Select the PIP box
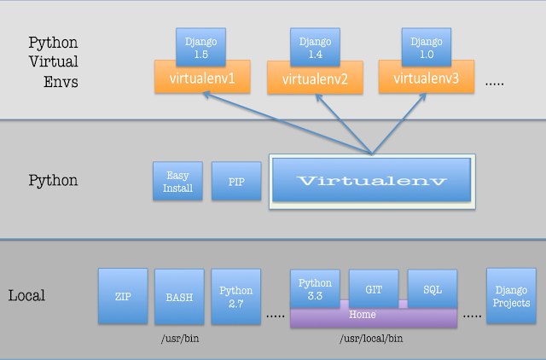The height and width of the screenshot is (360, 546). (235, 182)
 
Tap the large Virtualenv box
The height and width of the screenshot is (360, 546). (371, 182)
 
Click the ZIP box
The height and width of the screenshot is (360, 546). (122, 296)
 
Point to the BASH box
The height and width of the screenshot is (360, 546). (178, 297)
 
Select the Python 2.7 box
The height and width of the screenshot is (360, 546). (235, 297)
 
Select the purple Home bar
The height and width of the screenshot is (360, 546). (373, 316)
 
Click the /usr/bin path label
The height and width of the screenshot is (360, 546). (182, 340)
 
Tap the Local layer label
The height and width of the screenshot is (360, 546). (26, 296)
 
